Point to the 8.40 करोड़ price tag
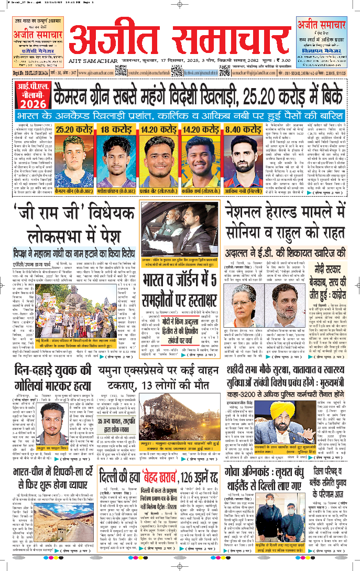(245, 128)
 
